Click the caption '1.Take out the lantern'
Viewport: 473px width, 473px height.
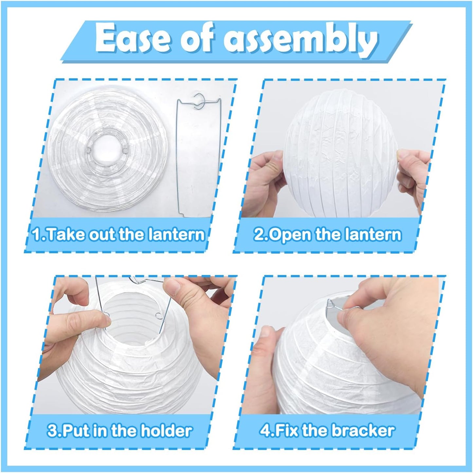coord(118,234)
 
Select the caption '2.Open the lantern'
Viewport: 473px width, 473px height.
coord(327,234)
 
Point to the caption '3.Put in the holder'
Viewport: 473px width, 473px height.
coord(119,431)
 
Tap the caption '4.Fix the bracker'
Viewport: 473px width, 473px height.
coord(327,431)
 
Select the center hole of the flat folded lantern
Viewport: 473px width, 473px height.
coord(106,151)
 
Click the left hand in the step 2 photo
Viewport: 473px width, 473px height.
coord(265,183)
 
